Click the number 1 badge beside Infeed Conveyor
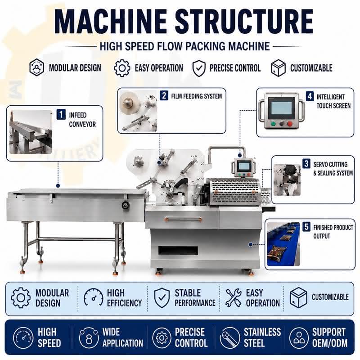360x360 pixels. point(61,115)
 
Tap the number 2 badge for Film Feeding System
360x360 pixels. point(164,95)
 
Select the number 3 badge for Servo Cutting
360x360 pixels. point(306,164)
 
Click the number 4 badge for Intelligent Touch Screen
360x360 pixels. point(310,96)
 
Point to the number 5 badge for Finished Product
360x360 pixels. point(306,227)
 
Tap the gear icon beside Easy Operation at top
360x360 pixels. point(122,68)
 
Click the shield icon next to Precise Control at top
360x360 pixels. point(199,68)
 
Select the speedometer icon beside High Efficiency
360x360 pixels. point(94,297)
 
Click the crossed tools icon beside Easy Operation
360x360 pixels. point(233,298)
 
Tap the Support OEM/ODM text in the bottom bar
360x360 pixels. point(330,337)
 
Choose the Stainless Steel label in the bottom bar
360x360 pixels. point(262,337)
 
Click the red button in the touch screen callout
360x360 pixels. point(290,124)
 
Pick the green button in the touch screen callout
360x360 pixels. point(273,124)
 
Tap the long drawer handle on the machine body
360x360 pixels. point(184,219)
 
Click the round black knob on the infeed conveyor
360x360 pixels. point(126,205)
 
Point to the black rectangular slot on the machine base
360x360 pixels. point(178,251)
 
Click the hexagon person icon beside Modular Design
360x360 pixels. point(36,67)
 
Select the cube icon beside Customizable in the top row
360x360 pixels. point(278,68)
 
